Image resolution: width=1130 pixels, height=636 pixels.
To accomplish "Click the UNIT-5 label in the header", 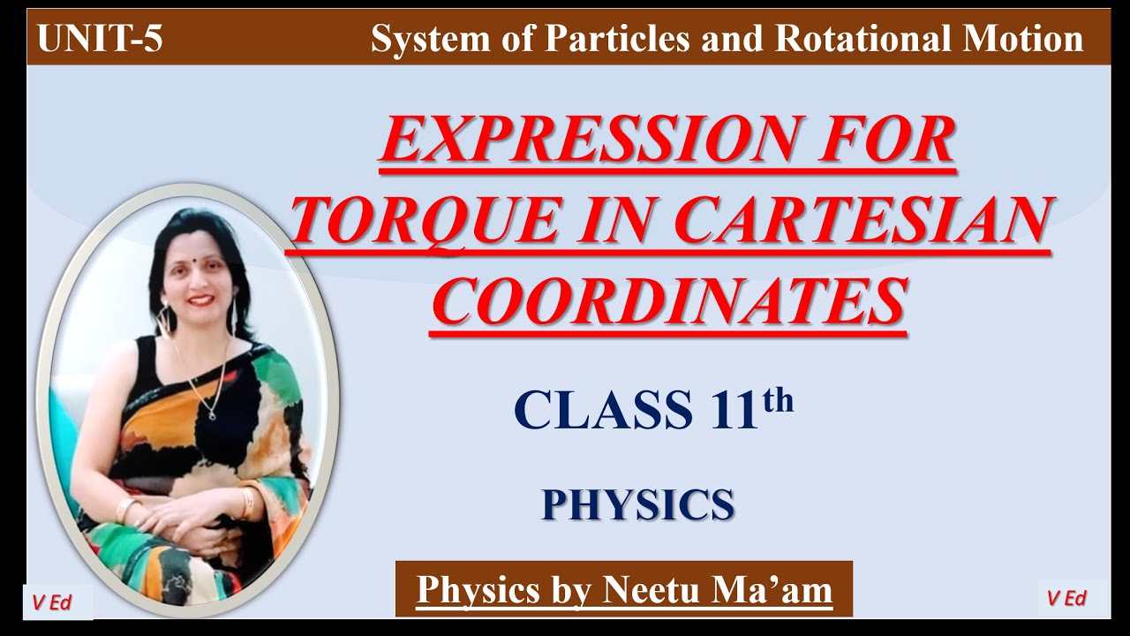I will point(100,40).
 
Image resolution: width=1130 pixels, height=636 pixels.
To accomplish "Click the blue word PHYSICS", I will point(637,504).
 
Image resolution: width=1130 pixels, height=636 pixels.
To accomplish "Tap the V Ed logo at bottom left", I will point(51,602).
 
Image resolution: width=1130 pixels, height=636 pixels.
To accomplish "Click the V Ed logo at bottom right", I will point(1066,598).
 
